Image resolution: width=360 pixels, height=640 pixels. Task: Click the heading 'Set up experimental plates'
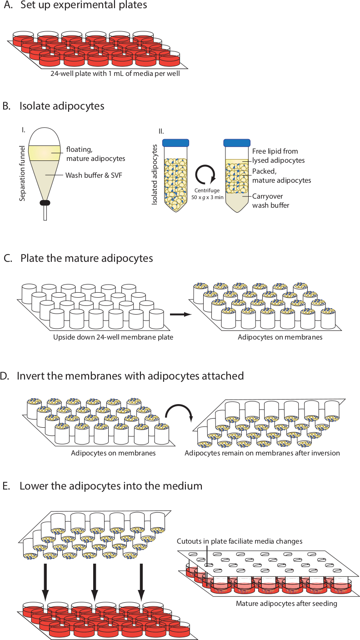[x=84, y=5]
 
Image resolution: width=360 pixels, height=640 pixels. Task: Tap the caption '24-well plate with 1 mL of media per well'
[x=115, y=74]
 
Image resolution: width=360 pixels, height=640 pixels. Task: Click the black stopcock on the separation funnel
[x=45, y=203]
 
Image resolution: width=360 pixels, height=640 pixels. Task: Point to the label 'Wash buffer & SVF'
[x=94, y=175]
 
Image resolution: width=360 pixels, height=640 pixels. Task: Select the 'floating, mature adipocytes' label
[x=96, y=154]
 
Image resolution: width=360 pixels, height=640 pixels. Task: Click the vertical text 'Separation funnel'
[x=22, y=174]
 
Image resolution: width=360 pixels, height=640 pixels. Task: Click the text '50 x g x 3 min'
[x=207, y=197]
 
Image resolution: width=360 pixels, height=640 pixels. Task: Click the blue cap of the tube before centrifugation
[x=176, y=143]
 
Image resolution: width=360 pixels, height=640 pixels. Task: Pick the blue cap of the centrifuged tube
[x=237, y=143]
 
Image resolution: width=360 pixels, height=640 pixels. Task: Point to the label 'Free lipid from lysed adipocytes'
[x=278, y=156]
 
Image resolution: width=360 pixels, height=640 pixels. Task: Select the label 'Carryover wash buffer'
[x=270, y=200]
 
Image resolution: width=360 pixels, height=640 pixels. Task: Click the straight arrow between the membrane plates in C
[x=180, y=314]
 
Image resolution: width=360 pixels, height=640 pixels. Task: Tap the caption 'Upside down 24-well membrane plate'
[x=113, y=337]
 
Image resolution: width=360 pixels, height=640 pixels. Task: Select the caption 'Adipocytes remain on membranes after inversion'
[x=262, y=453]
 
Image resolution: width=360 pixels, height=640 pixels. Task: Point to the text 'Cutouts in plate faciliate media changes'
[x=240, y=541]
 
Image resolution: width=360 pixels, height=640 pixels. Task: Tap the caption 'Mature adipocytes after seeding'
[x=286, y=604]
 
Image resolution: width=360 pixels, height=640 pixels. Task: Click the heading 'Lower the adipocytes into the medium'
[x=111, y=486]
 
